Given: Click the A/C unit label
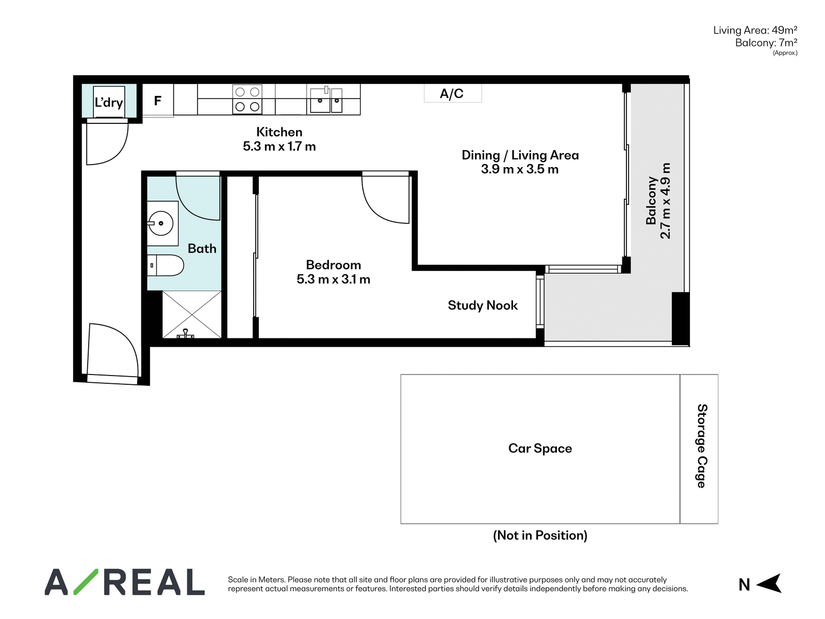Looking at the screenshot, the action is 451,93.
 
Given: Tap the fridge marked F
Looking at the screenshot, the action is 158,100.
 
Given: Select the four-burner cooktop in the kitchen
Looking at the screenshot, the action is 247,99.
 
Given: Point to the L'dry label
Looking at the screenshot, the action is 109,102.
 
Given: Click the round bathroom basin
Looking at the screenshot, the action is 161,223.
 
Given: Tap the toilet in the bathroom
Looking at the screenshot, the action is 165,265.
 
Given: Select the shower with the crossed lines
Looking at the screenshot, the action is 192,315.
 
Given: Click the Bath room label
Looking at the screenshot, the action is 202,249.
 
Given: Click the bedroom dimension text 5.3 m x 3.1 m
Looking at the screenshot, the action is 334,279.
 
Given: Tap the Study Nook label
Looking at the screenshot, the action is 483,305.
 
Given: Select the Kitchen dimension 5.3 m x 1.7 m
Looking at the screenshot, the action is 279,146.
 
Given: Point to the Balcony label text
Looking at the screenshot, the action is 651,201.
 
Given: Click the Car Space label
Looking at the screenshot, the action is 540,448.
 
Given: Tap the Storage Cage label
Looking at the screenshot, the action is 702,446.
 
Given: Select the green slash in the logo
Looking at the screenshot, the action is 86,582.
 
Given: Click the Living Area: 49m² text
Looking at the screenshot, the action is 755,30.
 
